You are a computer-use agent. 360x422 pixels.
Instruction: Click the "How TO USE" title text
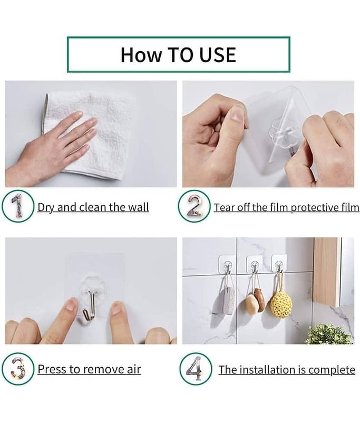(178, 54)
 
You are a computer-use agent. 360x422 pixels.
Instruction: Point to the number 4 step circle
(195, 369)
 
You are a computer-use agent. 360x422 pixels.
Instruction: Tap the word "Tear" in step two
(224, 207)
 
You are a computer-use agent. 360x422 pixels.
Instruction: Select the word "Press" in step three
(52, 369)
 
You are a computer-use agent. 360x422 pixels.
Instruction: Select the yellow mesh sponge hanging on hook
(281, 303)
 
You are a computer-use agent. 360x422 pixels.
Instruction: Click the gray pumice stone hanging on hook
(229, 300)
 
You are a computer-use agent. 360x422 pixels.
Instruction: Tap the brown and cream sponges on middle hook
(255, 301)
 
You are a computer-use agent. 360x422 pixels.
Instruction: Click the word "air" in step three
(132, 369)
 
